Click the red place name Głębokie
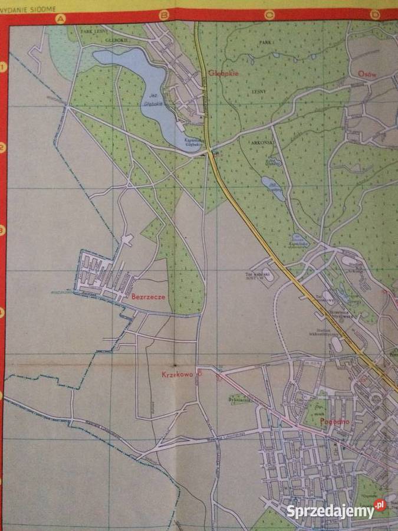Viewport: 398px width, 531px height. pos(222,74)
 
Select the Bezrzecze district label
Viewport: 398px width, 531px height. pos(148,297)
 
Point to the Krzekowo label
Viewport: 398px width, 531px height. pos(177,374)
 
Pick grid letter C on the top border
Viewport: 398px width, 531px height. pos(269,15)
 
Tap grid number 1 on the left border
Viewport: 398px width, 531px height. pos(4,67)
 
